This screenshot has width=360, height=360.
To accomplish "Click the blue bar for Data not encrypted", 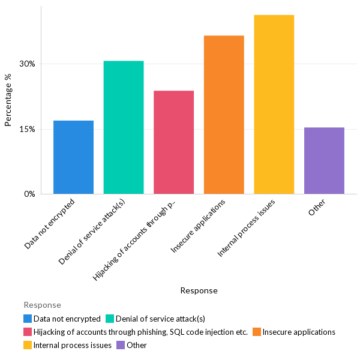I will (73, 157).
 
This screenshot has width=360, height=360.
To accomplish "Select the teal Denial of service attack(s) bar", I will (124, 127).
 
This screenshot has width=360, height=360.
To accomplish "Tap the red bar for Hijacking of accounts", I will (173, 142).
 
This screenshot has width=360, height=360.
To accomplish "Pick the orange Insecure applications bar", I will (224, 115).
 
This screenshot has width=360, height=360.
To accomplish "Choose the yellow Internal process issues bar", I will (274, 104).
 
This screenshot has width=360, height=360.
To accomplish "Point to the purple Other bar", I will (324, 161).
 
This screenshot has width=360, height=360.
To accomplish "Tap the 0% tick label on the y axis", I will (29, 194).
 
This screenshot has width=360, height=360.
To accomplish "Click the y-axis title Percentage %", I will (8, 100).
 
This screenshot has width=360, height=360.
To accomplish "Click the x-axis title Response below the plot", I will (199, 290).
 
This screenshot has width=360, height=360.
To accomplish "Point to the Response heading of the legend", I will (42, 305).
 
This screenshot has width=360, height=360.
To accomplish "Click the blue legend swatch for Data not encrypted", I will (28, 319).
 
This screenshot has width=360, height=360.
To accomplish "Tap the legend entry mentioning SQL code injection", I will (140, 332).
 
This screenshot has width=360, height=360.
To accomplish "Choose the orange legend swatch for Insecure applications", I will (256, 332).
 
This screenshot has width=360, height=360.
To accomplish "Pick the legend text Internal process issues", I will (73, 345).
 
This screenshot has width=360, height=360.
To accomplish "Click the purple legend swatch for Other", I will (121, 345).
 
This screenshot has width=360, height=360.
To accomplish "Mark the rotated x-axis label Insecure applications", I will (200, 226).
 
